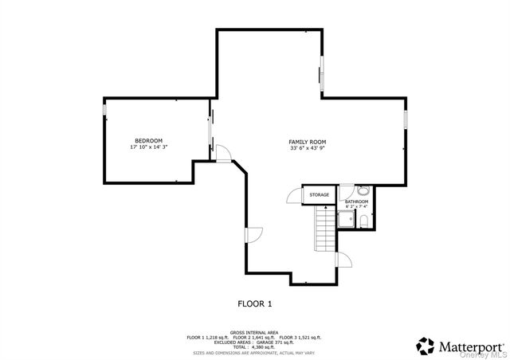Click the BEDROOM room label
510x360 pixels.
pos(148,141)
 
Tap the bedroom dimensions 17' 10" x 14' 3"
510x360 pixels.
pos(148,147)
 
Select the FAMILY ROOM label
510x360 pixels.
pos(308,142)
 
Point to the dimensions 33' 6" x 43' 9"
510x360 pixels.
pos(308,148)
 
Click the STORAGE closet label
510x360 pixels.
pos(320,195)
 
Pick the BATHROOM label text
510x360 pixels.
pos(356,202)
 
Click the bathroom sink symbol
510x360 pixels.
pos(363,191)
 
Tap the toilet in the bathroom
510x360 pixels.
pos(363,221)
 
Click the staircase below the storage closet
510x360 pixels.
pos(324,228)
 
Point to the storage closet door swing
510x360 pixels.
pos(294,196)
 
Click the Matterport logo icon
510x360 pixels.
pos(426,346)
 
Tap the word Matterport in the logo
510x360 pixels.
pos(471,346)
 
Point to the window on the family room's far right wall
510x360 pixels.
pos(406,119)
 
